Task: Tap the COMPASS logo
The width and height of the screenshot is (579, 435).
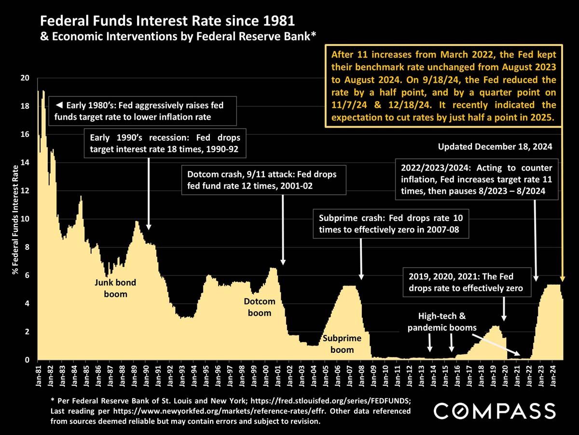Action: tap(495, 411)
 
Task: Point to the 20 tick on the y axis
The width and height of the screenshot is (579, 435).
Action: tap(26, 78)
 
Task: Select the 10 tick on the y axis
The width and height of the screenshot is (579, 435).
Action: tap(26, 219)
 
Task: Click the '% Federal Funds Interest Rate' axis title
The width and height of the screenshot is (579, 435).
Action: tap(16, 220)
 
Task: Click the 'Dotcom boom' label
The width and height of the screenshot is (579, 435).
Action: tap(260, 307)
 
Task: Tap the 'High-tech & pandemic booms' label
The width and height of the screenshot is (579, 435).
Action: tap(441, 322)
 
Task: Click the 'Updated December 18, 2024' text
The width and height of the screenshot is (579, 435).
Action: tap(495, 146)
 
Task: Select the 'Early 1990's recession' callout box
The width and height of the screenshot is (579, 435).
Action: tap(165, 144)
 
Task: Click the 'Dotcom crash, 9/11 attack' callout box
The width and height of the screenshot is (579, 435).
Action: tap(264, 180)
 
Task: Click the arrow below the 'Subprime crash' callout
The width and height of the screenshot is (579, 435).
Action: tap(361, 259)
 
